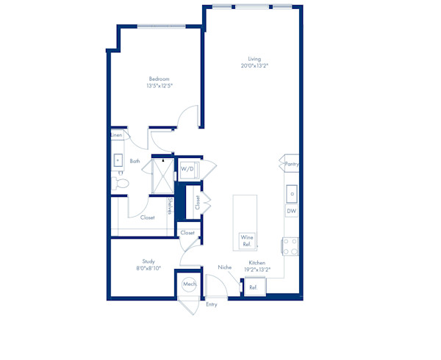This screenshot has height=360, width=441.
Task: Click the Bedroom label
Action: pos(159,79)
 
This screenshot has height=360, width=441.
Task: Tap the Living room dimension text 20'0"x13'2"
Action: pos(254,66)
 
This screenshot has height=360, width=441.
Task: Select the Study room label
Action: pos(148,262)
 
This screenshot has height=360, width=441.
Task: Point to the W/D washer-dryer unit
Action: pos(189,170)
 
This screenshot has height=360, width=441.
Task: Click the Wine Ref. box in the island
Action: pos(247,241)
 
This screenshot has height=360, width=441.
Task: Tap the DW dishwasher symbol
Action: pos(292,211)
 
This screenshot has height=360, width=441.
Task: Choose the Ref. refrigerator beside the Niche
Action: pos(255,287)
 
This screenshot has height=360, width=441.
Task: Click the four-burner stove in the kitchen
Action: pos(290,246)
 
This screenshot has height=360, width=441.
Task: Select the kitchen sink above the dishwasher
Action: pos(292,194)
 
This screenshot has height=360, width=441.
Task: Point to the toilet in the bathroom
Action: pos(121,184)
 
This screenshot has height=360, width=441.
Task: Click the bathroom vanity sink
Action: pos(118,160)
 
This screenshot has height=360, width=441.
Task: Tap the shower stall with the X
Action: pos(163,176)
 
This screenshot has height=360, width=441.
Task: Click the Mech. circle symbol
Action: pos(190,284)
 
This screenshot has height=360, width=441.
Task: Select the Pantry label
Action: pos(292,164)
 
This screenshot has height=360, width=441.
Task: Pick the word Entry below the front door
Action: pos(212,304)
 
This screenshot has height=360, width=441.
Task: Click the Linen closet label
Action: pos(117,135)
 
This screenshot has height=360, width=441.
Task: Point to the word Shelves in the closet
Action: pos(170,206)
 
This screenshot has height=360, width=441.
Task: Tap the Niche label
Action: pos(225,267)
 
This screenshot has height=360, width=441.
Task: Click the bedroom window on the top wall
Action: pos(162,26)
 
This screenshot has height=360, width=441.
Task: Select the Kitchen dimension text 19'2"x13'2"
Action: pos(257,270)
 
